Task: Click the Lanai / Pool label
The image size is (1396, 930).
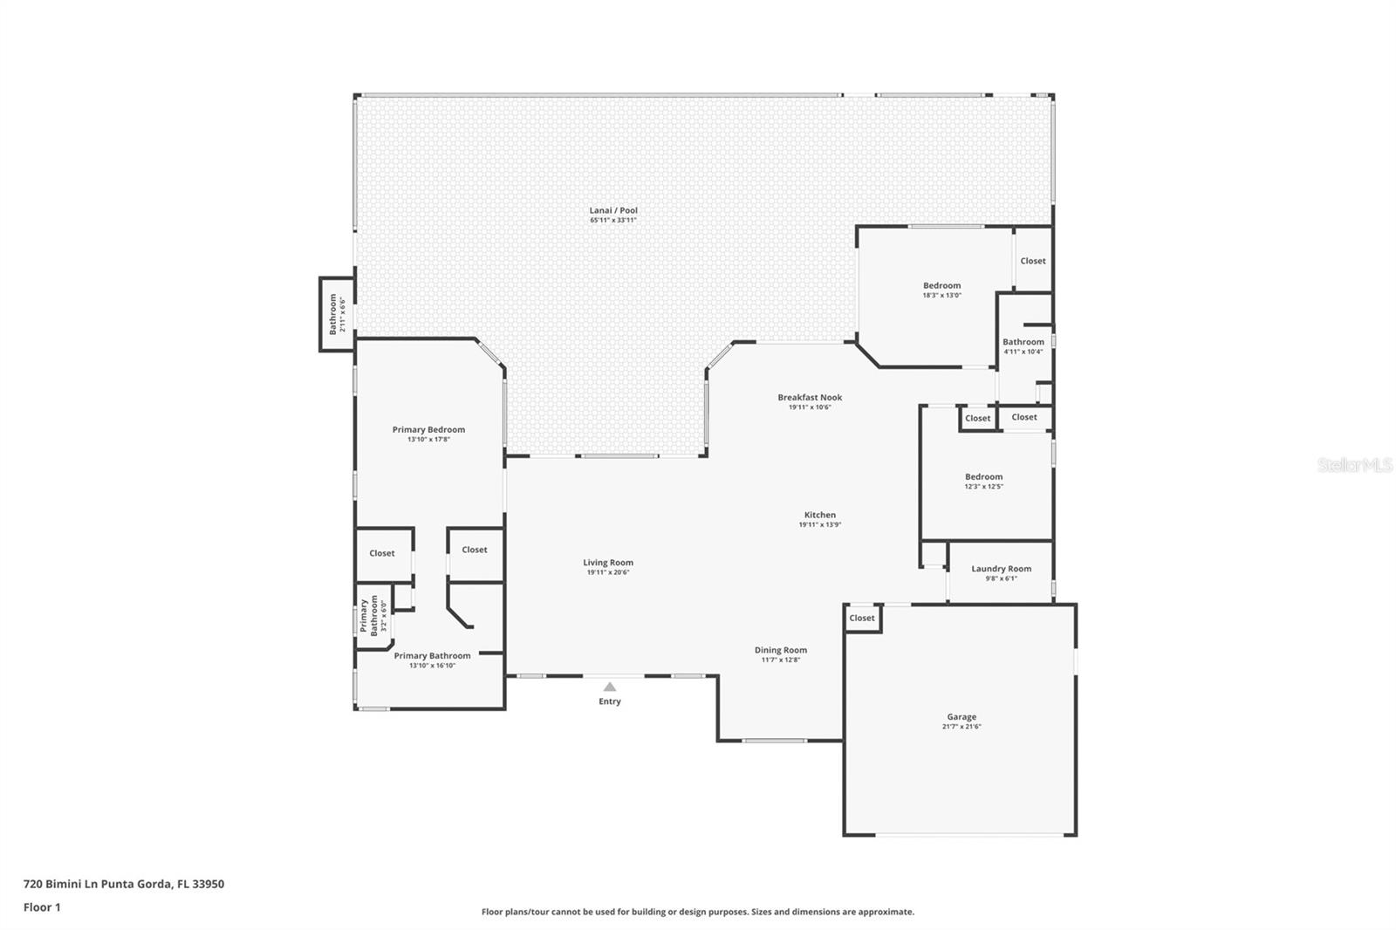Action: (613, 210)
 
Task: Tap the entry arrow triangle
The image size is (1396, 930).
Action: (610, 687)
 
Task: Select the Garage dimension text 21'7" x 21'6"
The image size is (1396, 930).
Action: (961, 727)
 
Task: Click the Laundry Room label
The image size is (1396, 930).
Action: (1001, 569)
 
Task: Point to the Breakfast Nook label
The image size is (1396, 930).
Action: (810, 398)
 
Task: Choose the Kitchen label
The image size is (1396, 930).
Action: (819, 516)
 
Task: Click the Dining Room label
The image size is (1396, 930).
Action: (780, 650)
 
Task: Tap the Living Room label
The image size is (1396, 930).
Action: (608, 563)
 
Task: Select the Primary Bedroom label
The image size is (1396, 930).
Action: (428, 429)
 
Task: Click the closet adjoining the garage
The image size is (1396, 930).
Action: (862, 619)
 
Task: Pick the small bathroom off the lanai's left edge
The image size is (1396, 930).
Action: (336, 314)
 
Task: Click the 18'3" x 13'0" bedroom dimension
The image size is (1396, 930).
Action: (941, 296)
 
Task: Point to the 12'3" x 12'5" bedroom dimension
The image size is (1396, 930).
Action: (983, 487)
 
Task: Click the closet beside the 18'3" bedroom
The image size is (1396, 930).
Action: (1033, 261)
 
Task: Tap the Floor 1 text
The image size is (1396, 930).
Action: (42, 907)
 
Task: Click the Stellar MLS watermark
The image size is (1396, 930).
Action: (1354, 466)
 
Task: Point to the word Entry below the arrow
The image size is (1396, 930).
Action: (610, 701)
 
